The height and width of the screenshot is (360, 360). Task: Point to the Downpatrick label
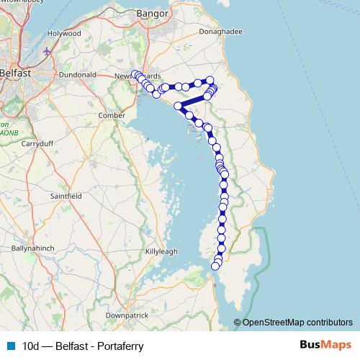pos(126,315)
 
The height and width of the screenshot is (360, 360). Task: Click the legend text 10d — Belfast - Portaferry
pos(83,346)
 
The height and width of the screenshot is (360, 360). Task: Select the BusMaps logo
pos(326,346)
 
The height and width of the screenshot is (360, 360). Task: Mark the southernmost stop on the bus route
pos(215,266)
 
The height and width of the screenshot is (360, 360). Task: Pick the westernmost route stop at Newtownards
pos(135,73)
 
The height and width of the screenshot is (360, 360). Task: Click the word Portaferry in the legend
pos(121,346)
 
